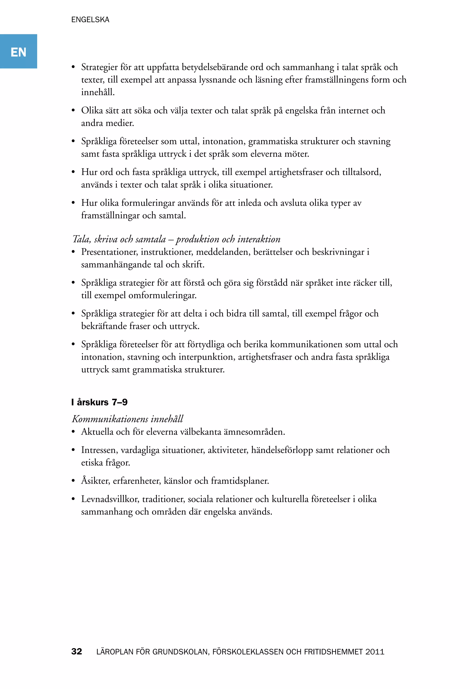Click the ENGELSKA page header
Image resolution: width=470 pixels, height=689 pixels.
click(x=90, y=19)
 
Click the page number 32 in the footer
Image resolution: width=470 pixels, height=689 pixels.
click(x=77, y=651)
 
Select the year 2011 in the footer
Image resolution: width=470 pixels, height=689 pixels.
click(x=375, y=652)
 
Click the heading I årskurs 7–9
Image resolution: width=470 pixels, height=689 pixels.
click(x=99, y=402)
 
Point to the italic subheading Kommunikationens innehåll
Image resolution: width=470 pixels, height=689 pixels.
click(x=128, y=419)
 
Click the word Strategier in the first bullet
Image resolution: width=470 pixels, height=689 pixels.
click(x=99, y=67)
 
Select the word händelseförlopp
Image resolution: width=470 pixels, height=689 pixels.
click(x=282, y=450)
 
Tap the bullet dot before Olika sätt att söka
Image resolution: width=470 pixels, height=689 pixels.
click(x=73, y=111)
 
